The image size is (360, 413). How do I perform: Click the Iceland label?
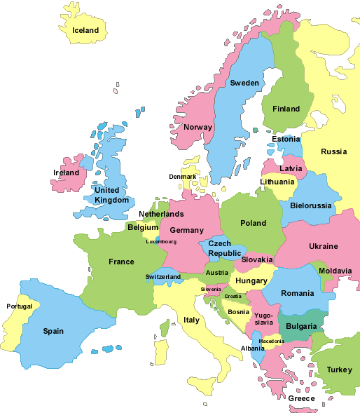(x=85, y=30)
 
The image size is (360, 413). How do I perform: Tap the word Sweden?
(x=244, y=83)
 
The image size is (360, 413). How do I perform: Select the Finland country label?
(x=285, y=109)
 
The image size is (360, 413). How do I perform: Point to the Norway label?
(x=198, y=127)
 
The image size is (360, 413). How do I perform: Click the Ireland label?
(x=66, y=172)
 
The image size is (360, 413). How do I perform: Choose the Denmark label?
(x=182, y=176)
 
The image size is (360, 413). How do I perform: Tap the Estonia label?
(x=286, y=139)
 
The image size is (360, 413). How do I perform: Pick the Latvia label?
(x=291, y=168)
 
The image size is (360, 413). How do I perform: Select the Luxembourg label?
(x=161, y=242)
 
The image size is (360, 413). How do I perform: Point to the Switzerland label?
(x=163, y=276)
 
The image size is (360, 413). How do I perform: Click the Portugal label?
(x=19, y=306)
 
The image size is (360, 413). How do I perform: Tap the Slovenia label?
(x=211, y=289)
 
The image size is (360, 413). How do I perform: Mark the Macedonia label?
(x=271, y=341)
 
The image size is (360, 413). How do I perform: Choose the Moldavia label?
(x=335, y=271)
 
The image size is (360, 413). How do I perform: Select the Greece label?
(x=302, y=398)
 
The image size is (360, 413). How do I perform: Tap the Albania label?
(x=253, y=348)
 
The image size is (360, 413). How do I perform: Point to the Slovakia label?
(x=257, y=259)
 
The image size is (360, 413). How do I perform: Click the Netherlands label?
(x=161, y=214)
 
